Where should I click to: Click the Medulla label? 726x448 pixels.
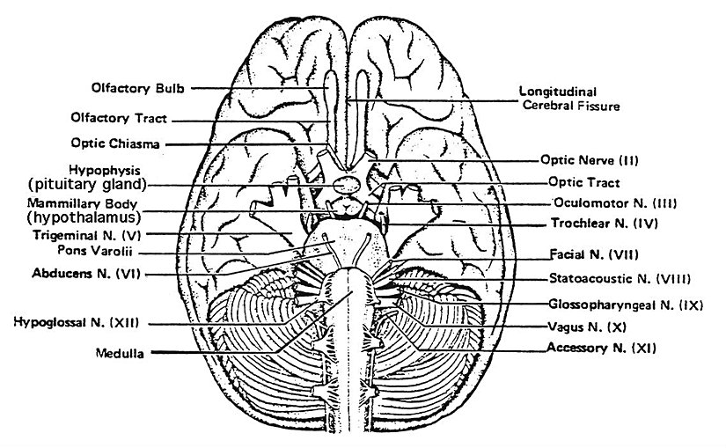(121, 353)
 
